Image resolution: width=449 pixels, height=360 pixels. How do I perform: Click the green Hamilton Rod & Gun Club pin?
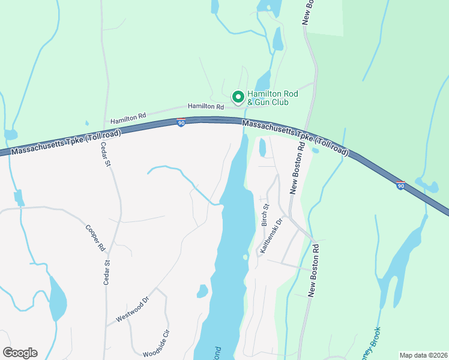(x=238, y=97)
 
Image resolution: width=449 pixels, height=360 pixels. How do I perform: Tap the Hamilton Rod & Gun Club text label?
(x=273, y=98)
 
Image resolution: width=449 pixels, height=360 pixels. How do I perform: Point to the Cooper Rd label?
(x=95, y=238)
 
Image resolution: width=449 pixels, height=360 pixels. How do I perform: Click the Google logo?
(x=20, y=353)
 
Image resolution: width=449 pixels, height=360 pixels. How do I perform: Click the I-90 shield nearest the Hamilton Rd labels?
(x=181, y=122)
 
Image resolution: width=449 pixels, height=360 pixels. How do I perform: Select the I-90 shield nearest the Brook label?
(x=401, y=185)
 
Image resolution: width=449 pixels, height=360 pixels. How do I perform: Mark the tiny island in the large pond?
(x=245, y=257)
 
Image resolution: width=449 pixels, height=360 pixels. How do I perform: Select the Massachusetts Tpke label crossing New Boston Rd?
(x=295, y=139)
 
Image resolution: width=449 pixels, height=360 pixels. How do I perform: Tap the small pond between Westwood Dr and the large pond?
(x=202, y=292)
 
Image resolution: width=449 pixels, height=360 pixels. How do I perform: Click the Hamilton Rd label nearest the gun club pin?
(x=205, y=106)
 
